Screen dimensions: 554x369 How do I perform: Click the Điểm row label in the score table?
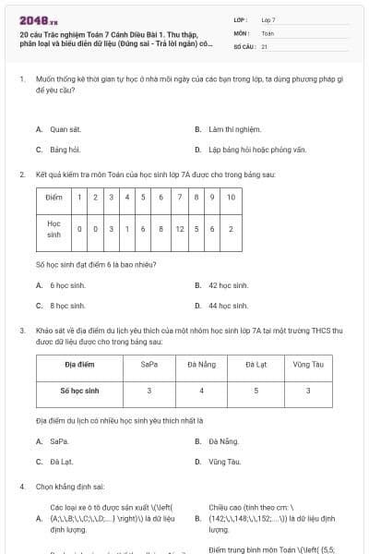(x=54, y=197)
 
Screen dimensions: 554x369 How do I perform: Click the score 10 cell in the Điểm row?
(x=230, y=197)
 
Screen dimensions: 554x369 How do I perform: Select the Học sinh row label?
(x=54, y=229)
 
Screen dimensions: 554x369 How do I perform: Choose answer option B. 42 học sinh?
(x=227, y=285)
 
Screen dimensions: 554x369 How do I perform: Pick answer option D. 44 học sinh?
(x=227, y=305)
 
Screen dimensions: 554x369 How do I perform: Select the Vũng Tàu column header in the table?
(x=308, y=365)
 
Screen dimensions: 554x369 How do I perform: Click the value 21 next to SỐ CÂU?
(x=265, y=45)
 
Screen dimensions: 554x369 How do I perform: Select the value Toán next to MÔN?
(x=268, y=32)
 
